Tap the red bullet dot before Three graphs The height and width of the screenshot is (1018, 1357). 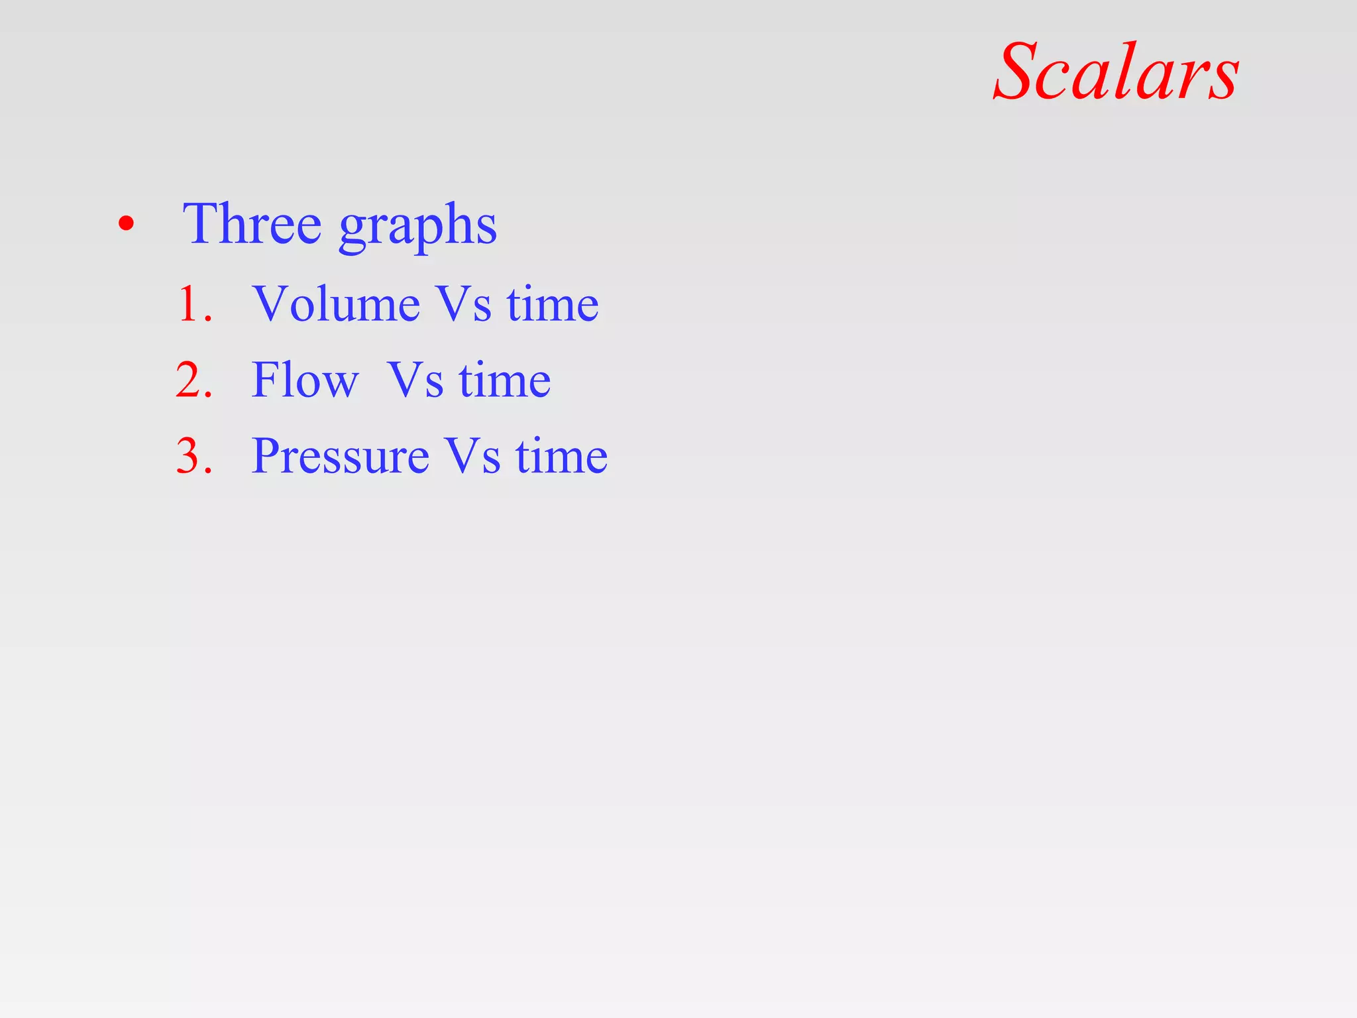click(126, 224)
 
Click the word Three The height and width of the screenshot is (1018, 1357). click(252, 224)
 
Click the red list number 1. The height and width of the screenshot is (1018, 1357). click(193, 305)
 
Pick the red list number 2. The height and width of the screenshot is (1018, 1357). click(193, 380)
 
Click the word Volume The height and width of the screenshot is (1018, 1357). click(336, 304)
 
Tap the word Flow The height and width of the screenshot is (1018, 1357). click(305, 380)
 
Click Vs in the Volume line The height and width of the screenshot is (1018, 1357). click(464, 305)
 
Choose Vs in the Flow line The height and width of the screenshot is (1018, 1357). click(415, 380)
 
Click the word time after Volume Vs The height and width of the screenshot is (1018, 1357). click(553, 304)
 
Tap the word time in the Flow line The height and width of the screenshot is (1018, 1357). click(504, 380)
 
